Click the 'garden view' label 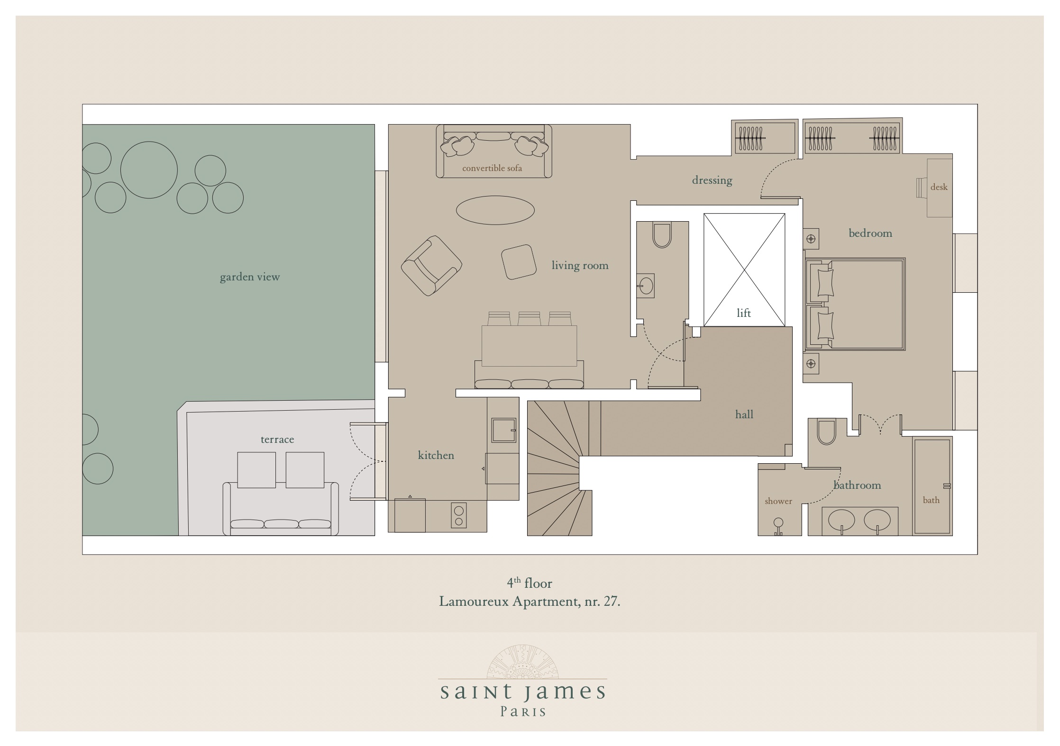click(x=250, y=277)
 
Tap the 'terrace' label click(x=277, y=439)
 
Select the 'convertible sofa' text click(x=492, y=168)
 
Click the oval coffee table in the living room click(x=495, y=210)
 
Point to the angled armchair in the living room click(x=431, y=266)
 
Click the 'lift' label click(x=744, y=313)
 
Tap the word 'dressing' click(x=712, y=180)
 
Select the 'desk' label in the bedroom click(x=939, y=187)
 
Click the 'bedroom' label click(x=870, y=233)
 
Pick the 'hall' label click(x=744, y=414)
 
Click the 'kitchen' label click(x=436, y=455)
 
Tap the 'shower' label click(x=778, y=501)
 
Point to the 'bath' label click(x=931, y=500)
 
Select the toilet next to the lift click(x=662, y=235)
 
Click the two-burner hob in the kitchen click(x=458, y=516)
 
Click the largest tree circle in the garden click(x=149, y=170)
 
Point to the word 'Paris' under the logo click(x=523, y=712)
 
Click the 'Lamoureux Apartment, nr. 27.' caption click(x=530, y=602)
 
